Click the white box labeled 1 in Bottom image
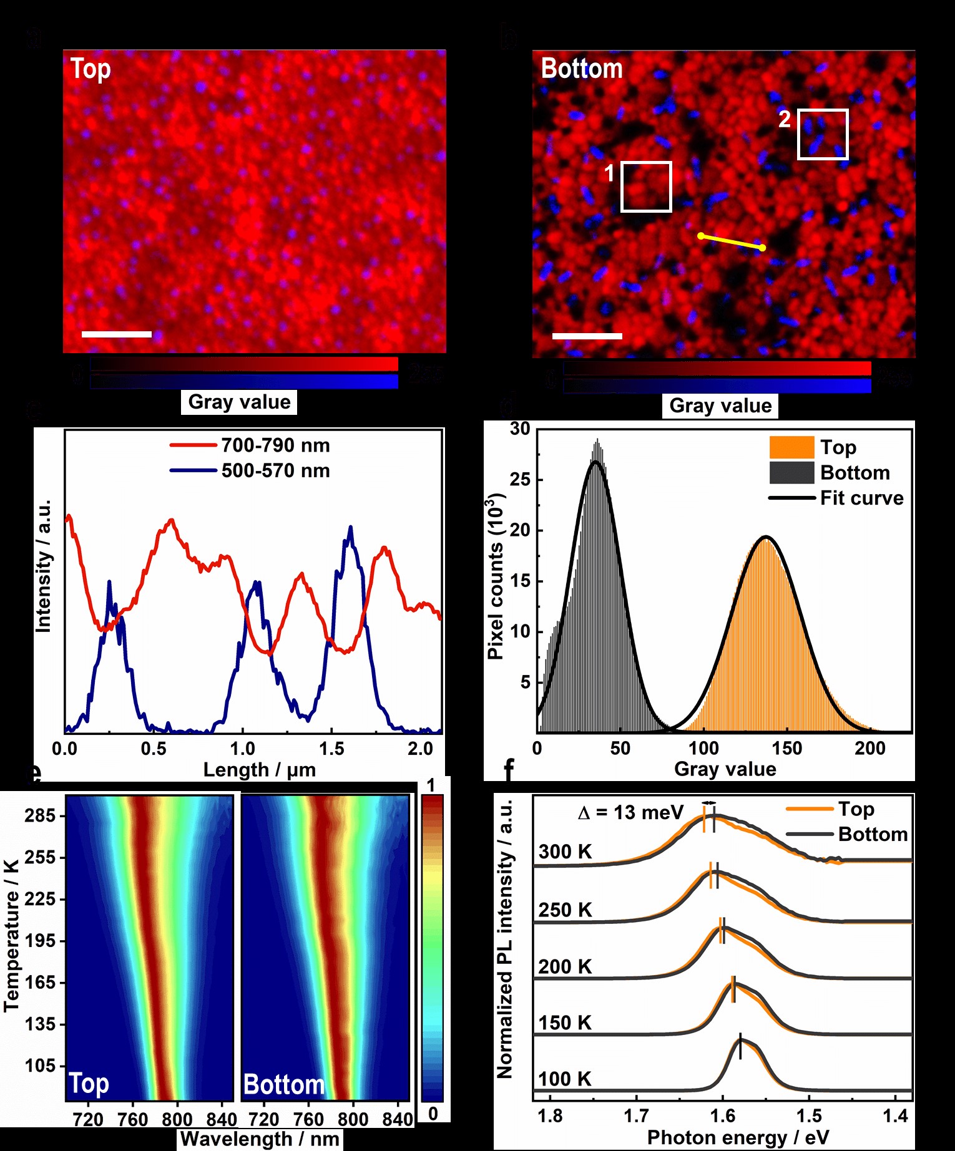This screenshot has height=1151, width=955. click(x=646, y=187)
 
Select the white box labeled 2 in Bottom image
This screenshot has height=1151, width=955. click(x=823, y=134)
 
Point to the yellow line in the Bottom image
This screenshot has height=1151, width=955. click(x=731, y=242)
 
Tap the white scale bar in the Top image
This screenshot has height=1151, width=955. click(x=117, y=334)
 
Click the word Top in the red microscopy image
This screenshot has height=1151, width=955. click(x=91, y=69)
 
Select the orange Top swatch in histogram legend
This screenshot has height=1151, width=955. click(x=791, y=447)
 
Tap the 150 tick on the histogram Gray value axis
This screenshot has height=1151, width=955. click(x=786, y=748)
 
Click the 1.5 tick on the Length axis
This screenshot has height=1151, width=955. click(x=331, y=749)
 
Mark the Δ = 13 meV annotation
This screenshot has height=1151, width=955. click(x=630, y=812)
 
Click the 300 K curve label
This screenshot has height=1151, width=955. click(x=565, y=852)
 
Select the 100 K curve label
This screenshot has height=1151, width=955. click(x=565, y=1079)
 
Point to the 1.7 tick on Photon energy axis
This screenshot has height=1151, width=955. click(x=636, y=1115)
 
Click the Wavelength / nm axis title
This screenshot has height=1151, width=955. click(x=260, y=1139)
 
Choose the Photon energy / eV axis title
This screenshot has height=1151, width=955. click(x=738, y=1137)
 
